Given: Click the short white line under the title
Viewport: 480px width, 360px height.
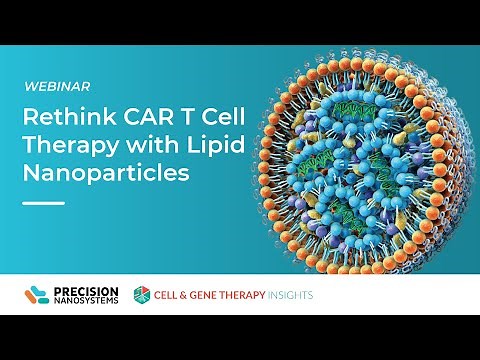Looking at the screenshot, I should pos(43,200).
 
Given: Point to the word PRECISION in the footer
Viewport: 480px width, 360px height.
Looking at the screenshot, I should pos(85,290).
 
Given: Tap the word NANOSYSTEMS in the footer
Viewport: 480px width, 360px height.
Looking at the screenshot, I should pos(85,301).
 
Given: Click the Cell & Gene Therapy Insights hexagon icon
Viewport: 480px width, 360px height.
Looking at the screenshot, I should pos(142,295).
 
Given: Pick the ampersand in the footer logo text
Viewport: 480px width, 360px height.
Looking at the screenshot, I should pos(182,296).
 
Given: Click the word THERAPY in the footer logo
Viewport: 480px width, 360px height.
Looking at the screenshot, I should pos(241,296).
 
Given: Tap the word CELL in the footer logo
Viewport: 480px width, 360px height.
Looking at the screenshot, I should pos(165,296).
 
